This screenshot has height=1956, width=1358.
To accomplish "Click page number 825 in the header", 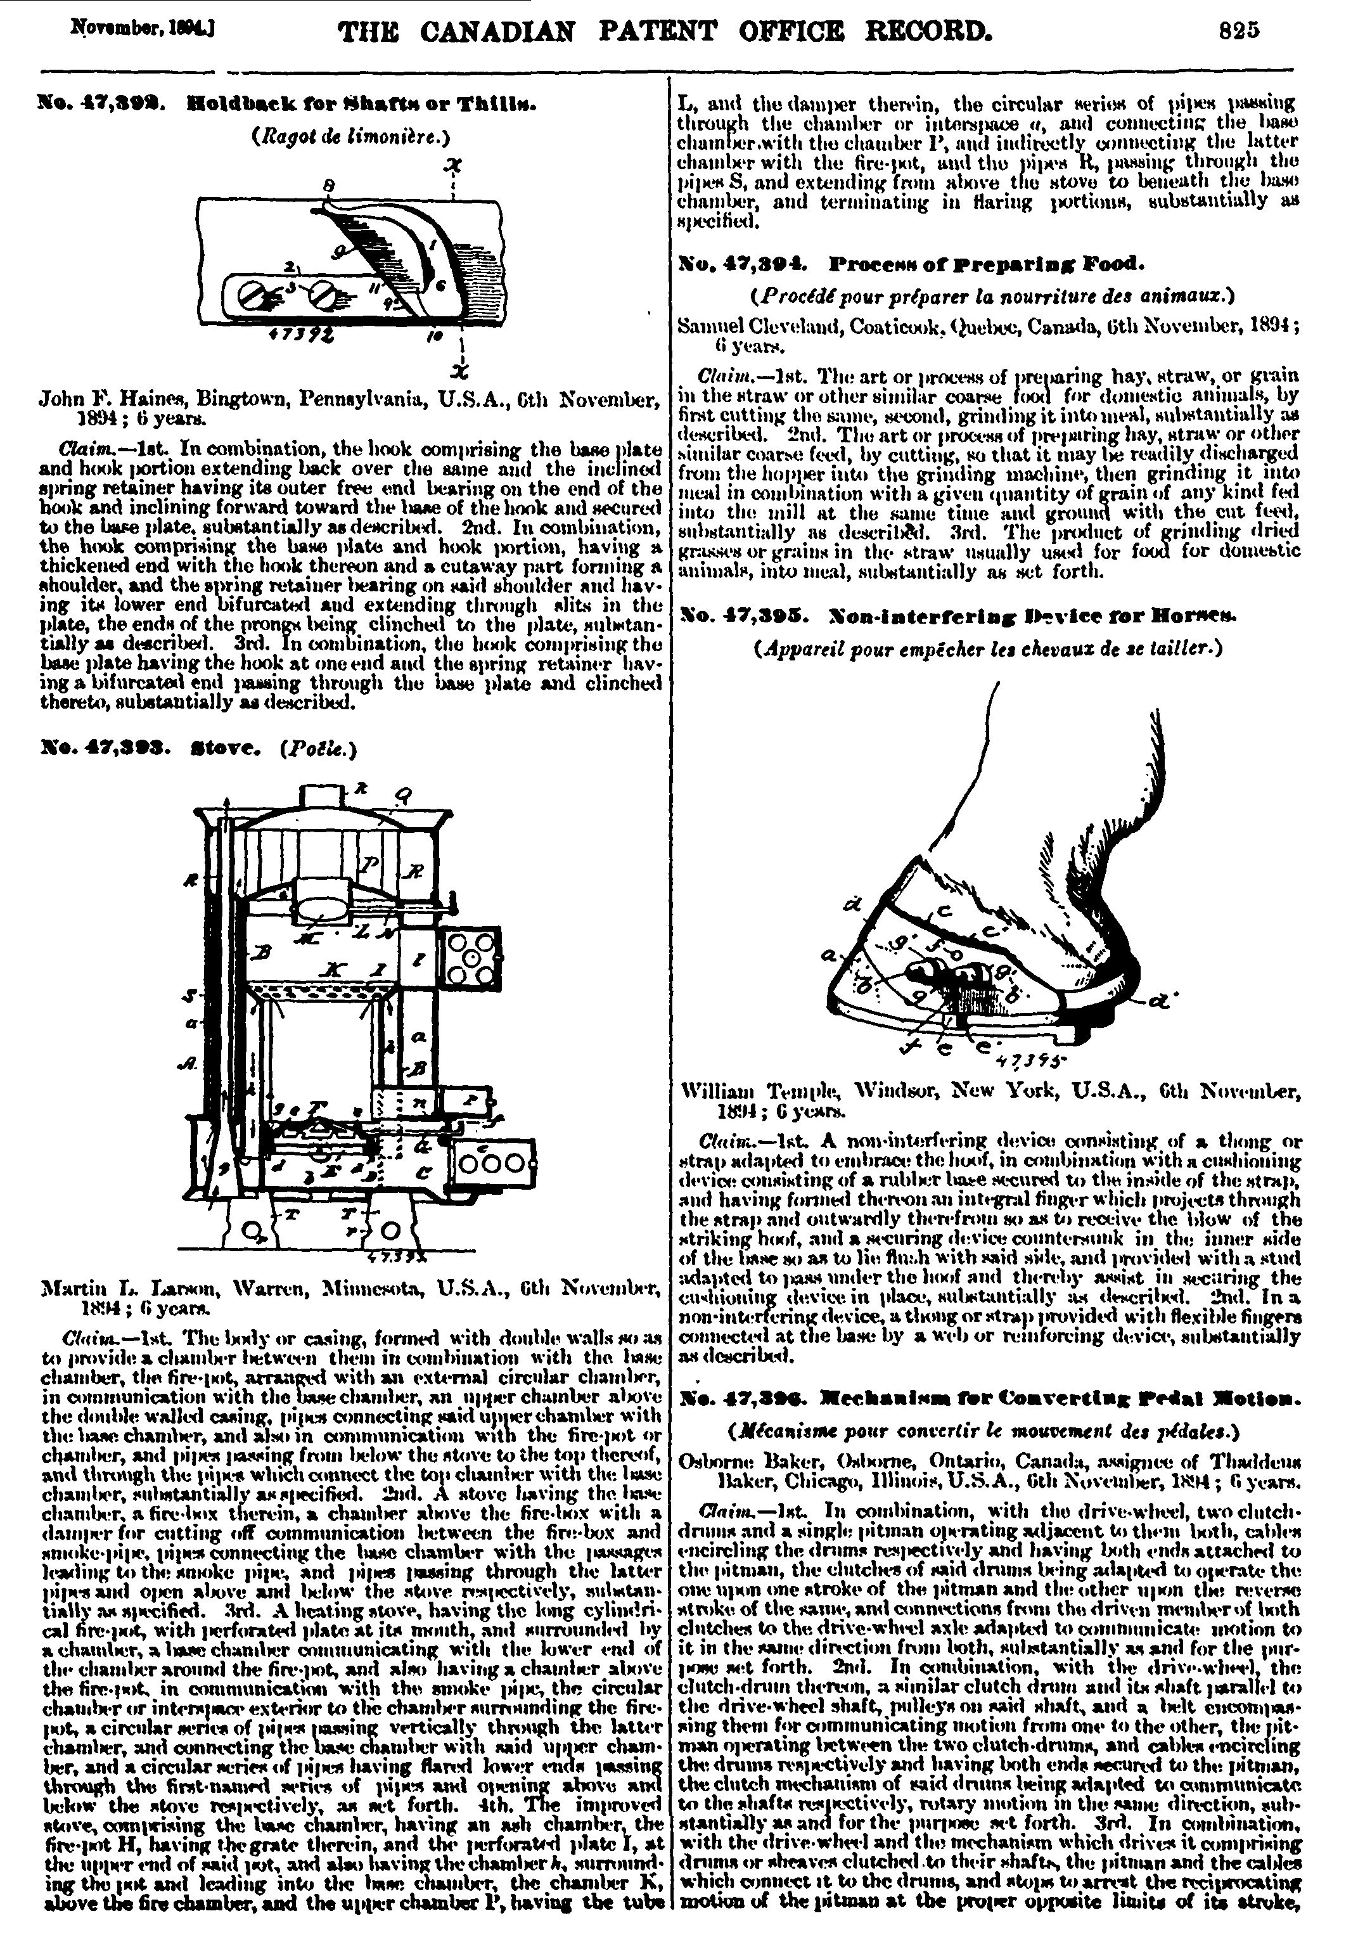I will (1237, 32).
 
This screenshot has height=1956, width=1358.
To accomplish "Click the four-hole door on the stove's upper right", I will (470, 956).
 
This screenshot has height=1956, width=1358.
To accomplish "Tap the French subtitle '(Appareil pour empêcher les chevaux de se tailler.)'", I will (988, 648).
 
